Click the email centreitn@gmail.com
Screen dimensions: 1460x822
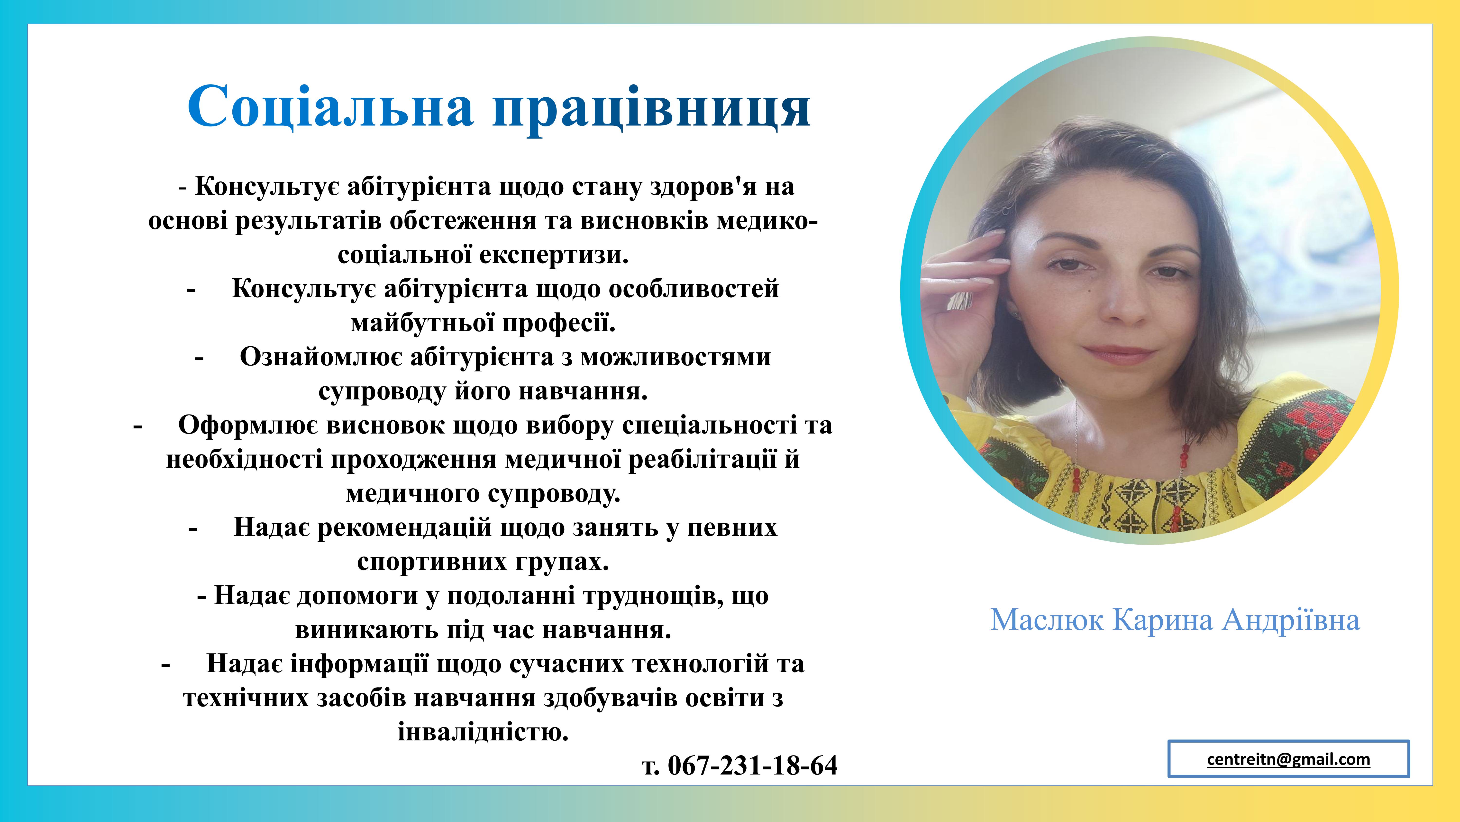tap(1288, 759)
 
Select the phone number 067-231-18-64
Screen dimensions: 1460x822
tap(752, 765)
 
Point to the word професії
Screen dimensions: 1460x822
tap(559, 323)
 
